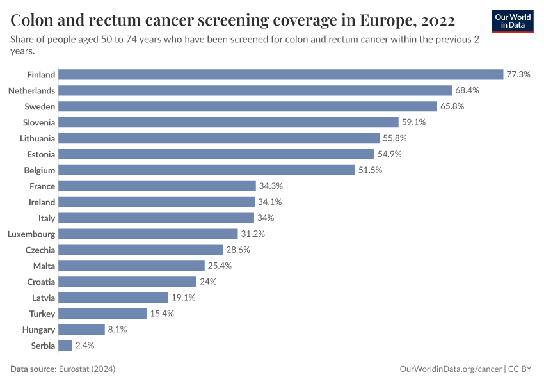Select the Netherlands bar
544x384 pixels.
pyautogui.click(x=255, y=90)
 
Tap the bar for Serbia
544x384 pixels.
pyautogui.click(x=65, y=346)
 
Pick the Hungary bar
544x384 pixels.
pyautogui.click(x=81, y=330)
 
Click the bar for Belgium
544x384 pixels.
pyautogui.click(x=207, y=170)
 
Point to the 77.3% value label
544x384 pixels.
pyautogui.click(x=518, y=74)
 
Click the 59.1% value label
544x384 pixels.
pyautogui.click(x=413, y=122)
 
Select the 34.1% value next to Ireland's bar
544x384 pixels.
pyautogui.click(x=269, y=202)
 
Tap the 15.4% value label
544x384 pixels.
pyautogui.click(x=161, y=314)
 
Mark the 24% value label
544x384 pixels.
pyautogui.click(x=208, y=282)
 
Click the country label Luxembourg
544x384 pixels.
pyautogui.click(x=31, y=234)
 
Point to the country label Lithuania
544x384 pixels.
pyautogui.click(x=37, y=138)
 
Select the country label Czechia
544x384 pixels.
pyautogui.click(x=40, y=250)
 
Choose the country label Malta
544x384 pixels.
pyautogui.click(x=44, y=266)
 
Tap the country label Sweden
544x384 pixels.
pyautogui.click(x=40, y=106)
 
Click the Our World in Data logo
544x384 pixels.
pyautogui.click(x=513, y=20)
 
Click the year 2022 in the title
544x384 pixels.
pyautogui.click(x=438, y=20)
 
